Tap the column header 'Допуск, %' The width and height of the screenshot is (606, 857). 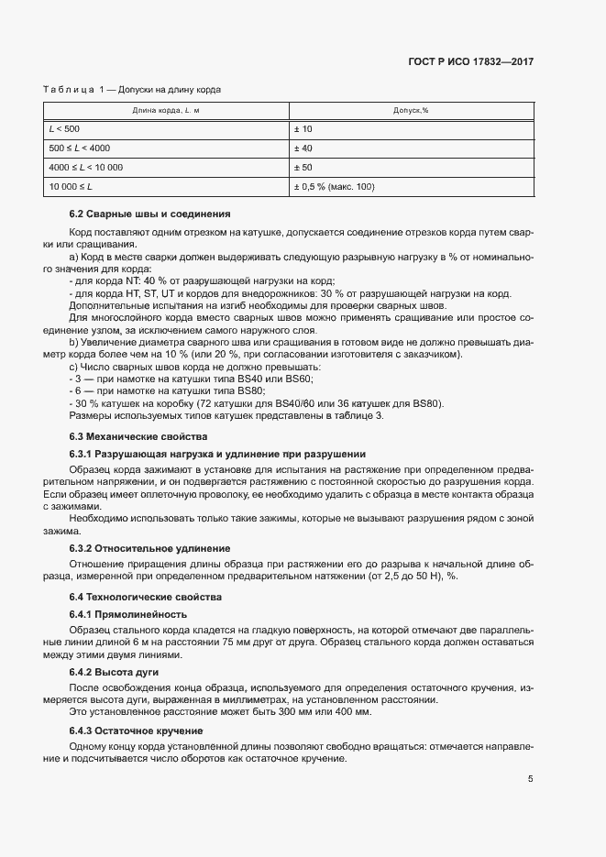pyautogui.click(x=411, y=110)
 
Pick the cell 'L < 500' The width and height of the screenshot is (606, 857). pyautogui.click(x=64, y=129)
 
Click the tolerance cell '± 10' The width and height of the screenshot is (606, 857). pyautogui.click(x=303, y=129)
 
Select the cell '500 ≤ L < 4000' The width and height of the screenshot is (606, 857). pyautogui.click(x=80, y=148)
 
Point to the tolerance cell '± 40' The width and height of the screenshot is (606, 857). pyautogui.click(x=303, y=148)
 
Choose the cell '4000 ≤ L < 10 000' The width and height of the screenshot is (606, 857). pyautogui.click(x=86, y=168)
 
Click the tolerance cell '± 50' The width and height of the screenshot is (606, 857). pyautogui.click(x=303, y=168)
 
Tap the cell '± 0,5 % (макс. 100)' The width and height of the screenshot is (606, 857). pyautogui.click(x=335, y=187)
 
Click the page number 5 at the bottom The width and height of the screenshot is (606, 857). pyautogui.click(x=530, y=779)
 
